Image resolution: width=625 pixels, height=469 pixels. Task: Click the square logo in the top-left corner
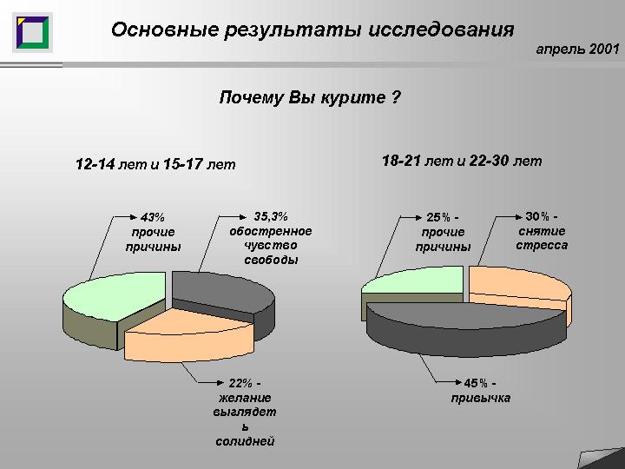[x=32, y=32]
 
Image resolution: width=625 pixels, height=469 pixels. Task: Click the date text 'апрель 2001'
[x=577, y=49]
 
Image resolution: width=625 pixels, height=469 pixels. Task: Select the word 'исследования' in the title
[x=441, y=30]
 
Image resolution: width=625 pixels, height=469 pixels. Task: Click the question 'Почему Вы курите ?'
[x=310, y=97]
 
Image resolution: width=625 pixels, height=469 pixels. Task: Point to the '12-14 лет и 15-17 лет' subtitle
[x=155, y=164]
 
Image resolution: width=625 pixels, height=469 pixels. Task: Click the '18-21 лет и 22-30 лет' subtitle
[x=462, y=161]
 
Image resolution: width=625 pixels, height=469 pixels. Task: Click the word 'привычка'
[x=481, y=398]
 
